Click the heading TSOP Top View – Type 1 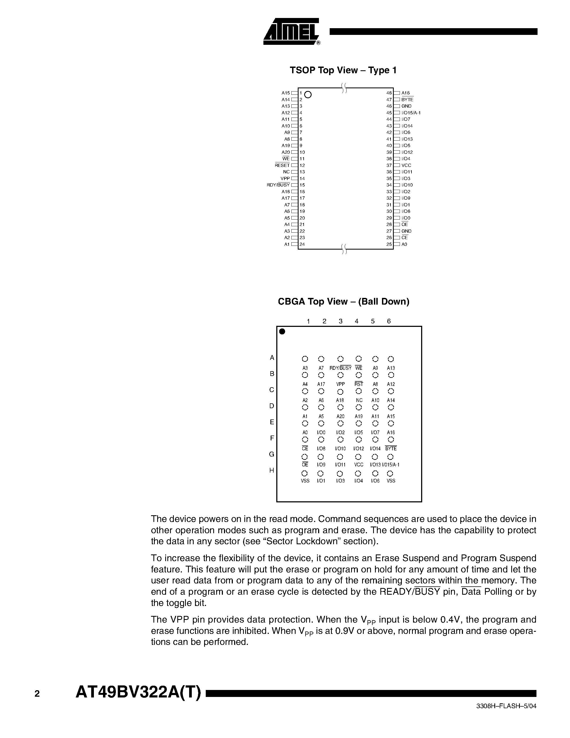pyautogui.click(x=343, y=70)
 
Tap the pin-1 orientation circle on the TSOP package pyautogui.click(x=308, y=95)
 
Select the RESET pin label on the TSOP pyautogui.click(x=282, y=166)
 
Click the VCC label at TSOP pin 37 pyautogui.click(x=406, y=166)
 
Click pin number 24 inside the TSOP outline pyautogui.click(x=302, y=244)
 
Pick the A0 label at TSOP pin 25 pyautogui.click(x=404, y=244)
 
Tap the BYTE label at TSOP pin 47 pyautogui.click(x=407, y=100)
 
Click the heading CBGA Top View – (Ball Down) pyautogui.click(x=343, y=301)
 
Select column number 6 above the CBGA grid pyautogui.click(x=389, y=321)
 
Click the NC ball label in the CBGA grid pyautogui.click(x=359, y=400)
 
